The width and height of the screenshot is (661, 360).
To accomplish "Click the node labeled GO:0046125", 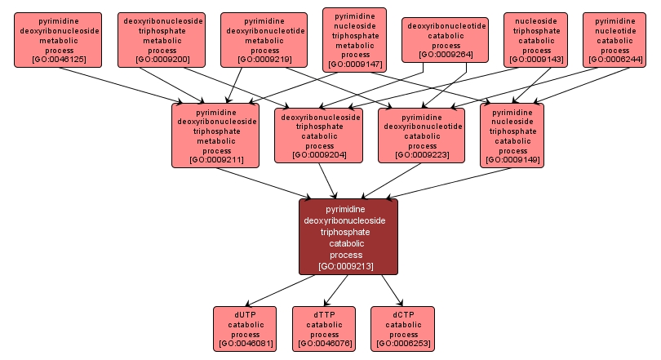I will click(58, 39).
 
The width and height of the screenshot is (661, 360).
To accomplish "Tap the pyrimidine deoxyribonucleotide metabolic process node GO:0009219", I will click(264, 39).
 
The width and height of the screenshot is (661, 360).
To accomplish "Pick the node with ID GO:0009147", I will click(354, 40).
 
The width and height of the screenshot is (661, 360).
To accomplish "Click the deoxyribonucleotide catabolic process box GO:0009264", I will click(446, 40).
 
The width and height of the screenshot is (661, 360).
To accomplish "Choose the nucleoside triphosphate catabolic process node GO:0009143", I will click(536, 39).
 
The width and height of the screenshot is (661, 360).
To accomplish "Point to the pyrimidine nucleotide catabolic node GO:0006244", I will click(614, 39).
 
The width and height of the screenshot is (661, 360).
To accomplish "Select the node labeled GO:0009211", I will click(216, 135).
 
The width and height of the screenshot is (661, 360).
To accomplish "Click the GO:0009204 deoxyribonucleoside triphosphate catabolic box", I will click(319, 135).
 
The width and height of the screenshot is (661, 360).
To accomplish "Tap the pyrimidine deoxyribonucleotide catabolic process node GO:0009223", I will click(422, 135).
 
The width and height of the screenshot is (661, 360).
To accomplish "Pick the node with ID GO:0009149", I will click(512, 135).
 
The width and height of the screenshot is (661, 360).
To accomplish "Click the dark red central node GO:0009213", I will click(348, 237).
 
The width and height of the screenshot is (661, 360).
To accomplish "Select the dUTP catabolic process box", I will click(245, 329).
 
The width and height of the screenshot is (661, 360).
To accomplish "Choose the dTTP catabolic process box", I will click(324, 329).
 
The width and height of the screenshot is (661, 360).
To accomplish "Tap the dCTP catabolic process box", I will click(403, 329).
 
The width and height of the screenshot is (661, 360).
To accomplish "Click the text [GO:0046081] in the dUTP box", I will click(245, 344).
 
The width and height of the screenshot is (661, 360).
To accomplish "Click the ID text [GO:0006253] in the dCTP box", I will click(403, 344).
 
